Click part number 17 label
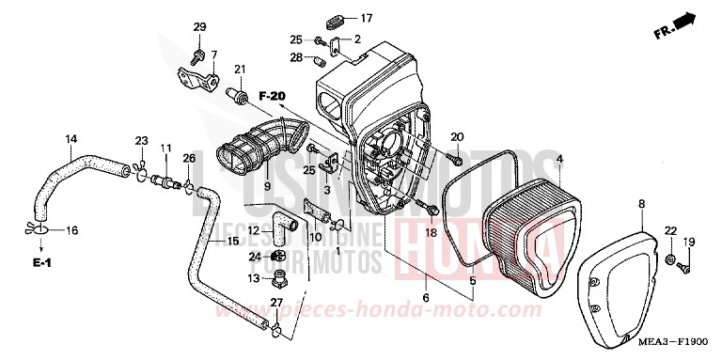pyautogui.click(x=367, y=18)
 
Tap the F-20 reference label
pyautogui.click(x=272, y=95)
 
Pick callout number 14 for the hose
pyautogui.click(x=71, y=140)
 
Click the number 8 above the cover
pyautogui.click(x=641, y=203)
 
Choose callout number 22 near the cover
pyautogui.click(x=670, y=230)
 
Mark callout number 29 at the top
pyautogui.click(x=199, y=25)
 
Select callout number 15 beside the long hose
pyautogui.click(x=232, y=241)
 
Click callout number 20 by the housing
pyautogui.click(x=457, y=138)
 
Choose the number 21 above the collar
pyautogui.click(x=240, y=69)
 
